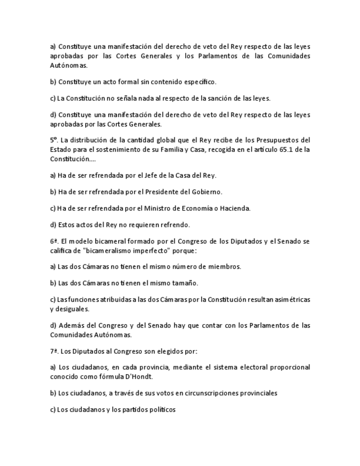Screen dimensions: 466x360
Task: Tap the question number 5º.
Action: click(53, 140)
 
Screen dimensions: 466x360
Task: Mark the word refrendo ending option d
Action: click(175, 224)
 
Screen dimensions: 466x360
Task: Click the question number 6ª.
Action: click(54, 241)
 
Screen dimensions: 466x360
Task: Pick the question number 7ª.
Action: click(53, 350)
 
